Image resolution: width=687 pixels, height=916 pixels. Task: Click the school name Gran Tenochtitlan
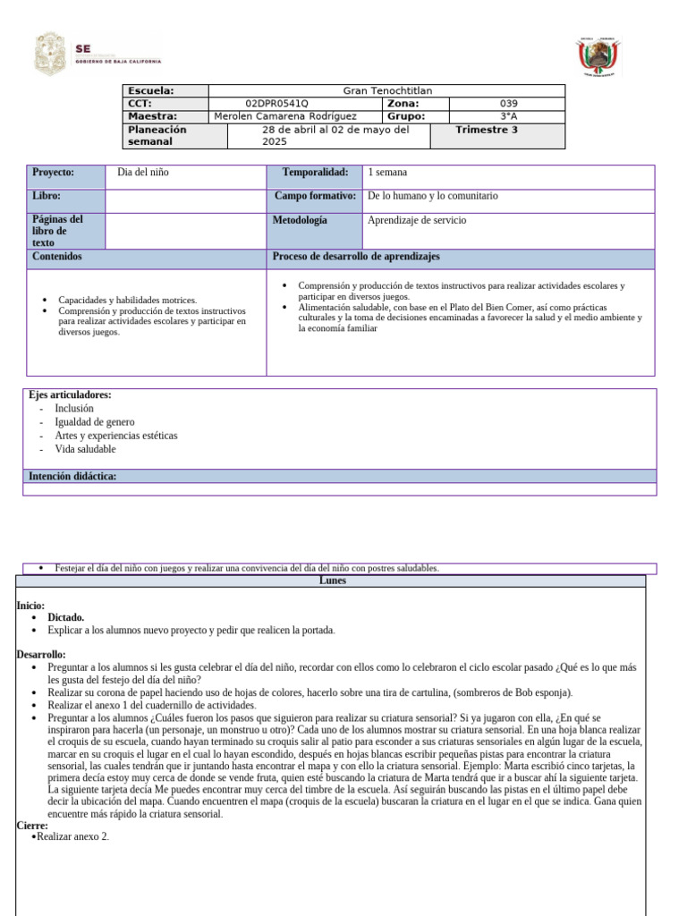pyautogui.click(x=387, y=90)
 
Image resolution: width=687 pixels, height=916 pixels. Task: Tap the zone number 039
pyautogui.click(x=508, y=104)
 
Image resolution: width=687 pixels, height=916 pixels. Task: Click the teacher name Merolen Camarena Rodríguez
pyautogui.click(x=285, y=116)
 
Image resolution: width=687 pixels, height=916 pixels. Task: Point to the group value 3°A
pyautogui.click(x=508, y=116)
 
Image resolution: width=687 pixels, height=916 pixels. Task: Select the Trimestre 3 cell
pyautogui.click(x=486, y=130)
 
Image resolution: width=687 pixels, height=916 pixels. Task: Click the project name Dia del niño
pyautogui.click(x=143, y=172)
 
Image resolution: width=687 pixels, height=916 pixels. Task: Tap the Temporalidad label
pyautogui.click(x=315, y=172)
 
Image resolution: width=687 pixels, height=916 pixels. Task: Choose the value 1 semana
pyautogui.click(x=387, y=172)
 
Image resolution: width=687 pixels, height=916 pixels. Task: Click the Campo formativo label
pyautogui.click(x=315, y=195)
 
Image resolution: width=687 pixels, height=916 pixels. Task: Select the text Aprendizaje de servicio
pyautogui.click(x=417, y=220)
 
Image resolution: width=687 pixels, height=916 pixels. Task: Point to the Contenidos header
pyautogui.click(x=57, y=257)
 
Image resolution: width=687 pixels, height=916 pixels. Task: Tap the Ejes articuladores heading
pyautogui.click(x=70, y=394)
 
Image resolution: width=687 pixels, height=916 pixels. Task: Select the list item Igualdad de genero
pyautogui.click(x=94, y=422)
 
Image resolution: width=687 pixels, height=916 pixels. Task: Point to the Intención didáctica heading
pyautogui.click(x=72, y=476)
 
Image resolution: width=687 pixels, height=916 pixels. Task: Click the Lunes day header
pyautogui.click(x=332, y=581)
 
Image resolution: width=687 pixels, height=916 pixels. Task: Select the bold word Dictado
pyautogui.click(x=66, y=617)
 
